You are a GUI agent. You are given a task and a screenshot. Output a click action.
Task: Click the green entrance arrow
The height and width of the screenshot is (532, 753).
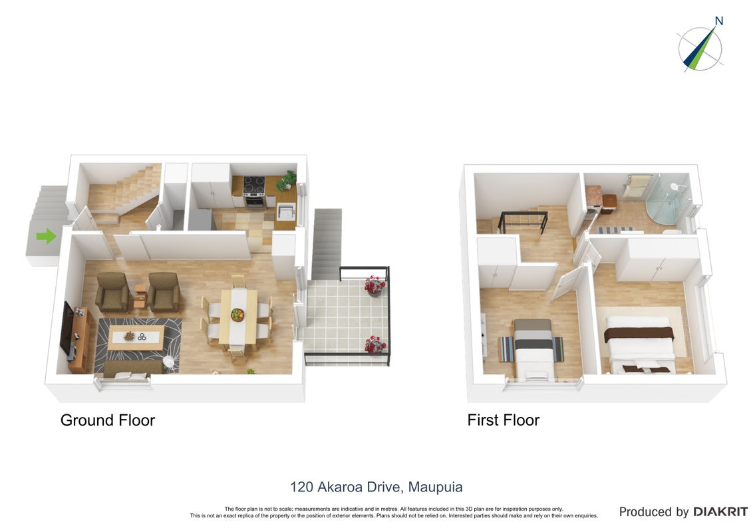pos(46,236)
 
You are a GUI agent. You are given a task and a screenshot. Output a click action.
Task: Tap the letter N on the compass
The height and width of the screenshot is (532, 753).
pos(719,21)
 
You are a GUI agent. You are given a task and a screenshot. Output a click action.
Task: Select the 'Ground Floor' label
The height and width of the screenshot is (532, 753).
pos(108,420)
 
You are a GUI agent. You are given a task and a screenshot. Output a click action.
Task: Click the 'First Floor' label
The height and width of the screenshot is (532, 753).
pos(504,420)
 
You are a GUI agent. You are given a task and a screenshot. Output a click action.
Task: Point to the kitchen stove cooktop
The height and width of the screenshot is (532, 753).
pos(254,185)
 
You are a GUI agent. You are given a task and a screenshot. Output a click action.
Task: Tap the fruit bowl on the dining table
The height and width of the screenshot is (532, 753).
pos(237,315)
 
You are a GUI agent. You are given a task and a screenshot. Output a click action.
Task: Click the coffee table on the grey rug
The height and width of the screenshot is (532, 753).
pos(136,338)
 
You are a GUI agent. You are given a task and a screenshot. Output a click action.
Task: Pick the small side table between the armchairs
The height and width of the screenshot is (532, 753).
pos(140,296)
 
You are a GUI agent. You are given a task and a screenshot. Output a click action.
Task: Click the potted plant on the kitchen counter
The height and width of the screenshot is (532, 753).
pos(287,180)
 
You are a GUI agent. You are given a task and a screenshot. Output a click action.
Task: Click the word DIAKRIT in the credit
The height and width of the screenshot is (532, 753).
pos(720,512)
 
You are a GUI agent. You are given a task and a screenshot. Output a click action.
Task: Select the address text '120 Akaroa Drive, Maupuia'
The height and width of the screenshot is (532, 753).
pos(376,487)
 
